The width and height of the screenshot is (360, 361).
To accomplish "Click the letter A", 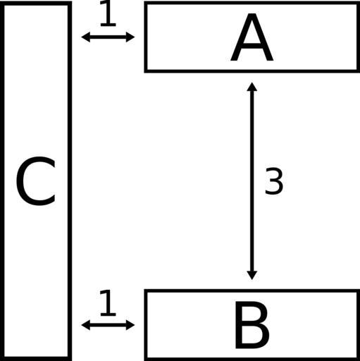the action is (252, 37).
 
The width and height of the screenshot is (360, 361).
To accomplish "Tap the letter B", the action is (252, 325).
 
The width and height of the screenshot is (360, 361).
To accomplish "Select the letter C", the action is (36, 181).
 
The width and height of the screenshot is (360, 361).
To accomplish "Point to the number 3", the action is (274, 181).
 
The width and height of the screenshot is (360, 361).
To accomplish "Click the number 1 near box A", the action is (108, 13).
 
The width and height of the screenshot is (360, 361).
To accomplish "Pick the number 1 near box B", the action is (108, 303).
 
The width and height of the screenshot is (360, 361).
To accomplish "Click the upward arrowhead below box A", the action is (252, 87).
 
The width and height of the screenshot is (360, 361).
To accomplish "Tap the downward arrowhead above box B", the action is (252, 276).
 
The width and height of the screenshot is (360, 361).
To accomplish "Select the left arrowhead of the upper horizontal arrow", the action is (85, 37).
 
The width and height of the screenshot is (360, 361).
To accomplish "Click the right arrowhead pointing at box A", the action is (130, 37).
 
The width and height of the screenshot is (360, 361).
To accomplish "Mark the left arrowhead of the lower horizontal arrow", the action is (85, 325).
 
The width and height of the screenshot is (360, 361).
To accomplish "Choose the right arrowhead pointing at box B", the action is (130, 325).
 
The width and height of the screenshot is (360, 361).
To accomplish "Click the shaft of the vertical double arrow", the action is (252, 181).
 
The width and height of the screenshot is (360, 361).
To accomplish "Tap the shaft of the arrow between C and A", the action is (108, 37).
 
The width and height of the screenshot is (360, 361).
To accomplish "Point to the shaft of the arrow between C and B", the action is (108, 325).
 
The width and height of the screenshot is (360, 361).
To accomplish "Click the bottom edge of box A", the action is (252, 71).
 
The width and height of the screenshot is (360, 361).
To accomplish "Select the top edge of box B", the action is (252, 291).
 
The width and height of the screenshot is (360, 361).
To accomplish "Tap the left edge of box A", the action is (146, 37).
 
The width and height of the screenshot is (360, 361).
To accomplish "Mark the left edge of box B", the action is (146, 325).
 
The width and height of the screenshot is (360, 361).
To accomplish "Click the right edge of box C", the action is (70, 181).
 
